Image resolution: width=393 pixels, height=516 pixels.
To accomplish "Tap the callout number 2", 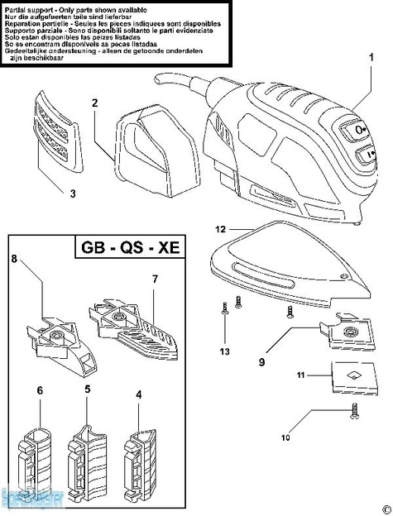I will pos(96,103).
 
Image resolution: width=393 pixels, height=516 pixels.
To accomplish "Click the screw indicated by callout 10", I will pos(354,409).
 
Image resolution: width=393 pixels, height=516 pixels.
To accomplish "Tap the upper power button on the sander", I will pos(359,130).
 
